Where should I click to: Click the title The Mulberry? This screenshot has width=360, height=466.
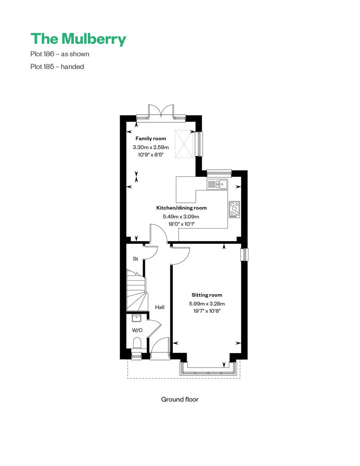pos(78,39)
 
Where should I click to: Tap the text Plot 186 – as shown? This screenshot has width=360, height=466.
pos(60,54)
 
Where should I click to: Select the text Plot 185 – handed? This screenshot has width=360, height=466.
pos(57,67)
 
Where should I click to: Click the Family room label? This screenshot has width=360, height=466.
pos(151,139)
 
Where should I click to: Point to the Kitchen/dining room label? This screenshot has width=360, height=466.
pos(181,208)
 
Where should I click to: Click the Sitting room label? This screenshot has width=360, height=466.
pos(207,295)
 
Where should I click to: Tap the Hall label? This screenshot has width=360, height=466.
pos(160,307)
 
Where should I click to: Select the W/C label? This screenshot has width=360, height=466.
pos(137,330)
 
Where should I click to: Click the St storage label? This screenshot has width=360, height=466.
pos(135,259)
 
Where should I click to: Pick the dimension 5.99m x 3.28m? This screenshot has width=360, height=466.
pos(207,304)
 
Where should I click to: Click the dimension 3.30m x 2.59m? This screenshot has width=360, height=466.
pos(151,147)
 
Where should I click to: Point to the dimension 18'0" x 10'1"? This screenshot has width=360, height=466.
pos(181,224)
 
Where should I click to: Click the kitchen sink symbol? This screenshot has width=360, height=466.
pos(217,184)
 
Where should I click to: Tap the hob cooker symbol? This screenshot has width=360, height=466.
pos(234,210)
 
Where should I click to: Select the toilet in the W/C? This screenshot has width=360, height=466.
pos(137,343)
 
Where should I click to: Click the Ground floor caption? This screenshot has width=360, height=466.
pos(180,399)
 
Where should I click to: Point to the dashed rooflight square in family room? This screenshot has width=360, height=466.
pos(184,143)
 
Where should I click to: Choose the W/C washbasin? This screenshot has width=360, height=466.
pos(136,318)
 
